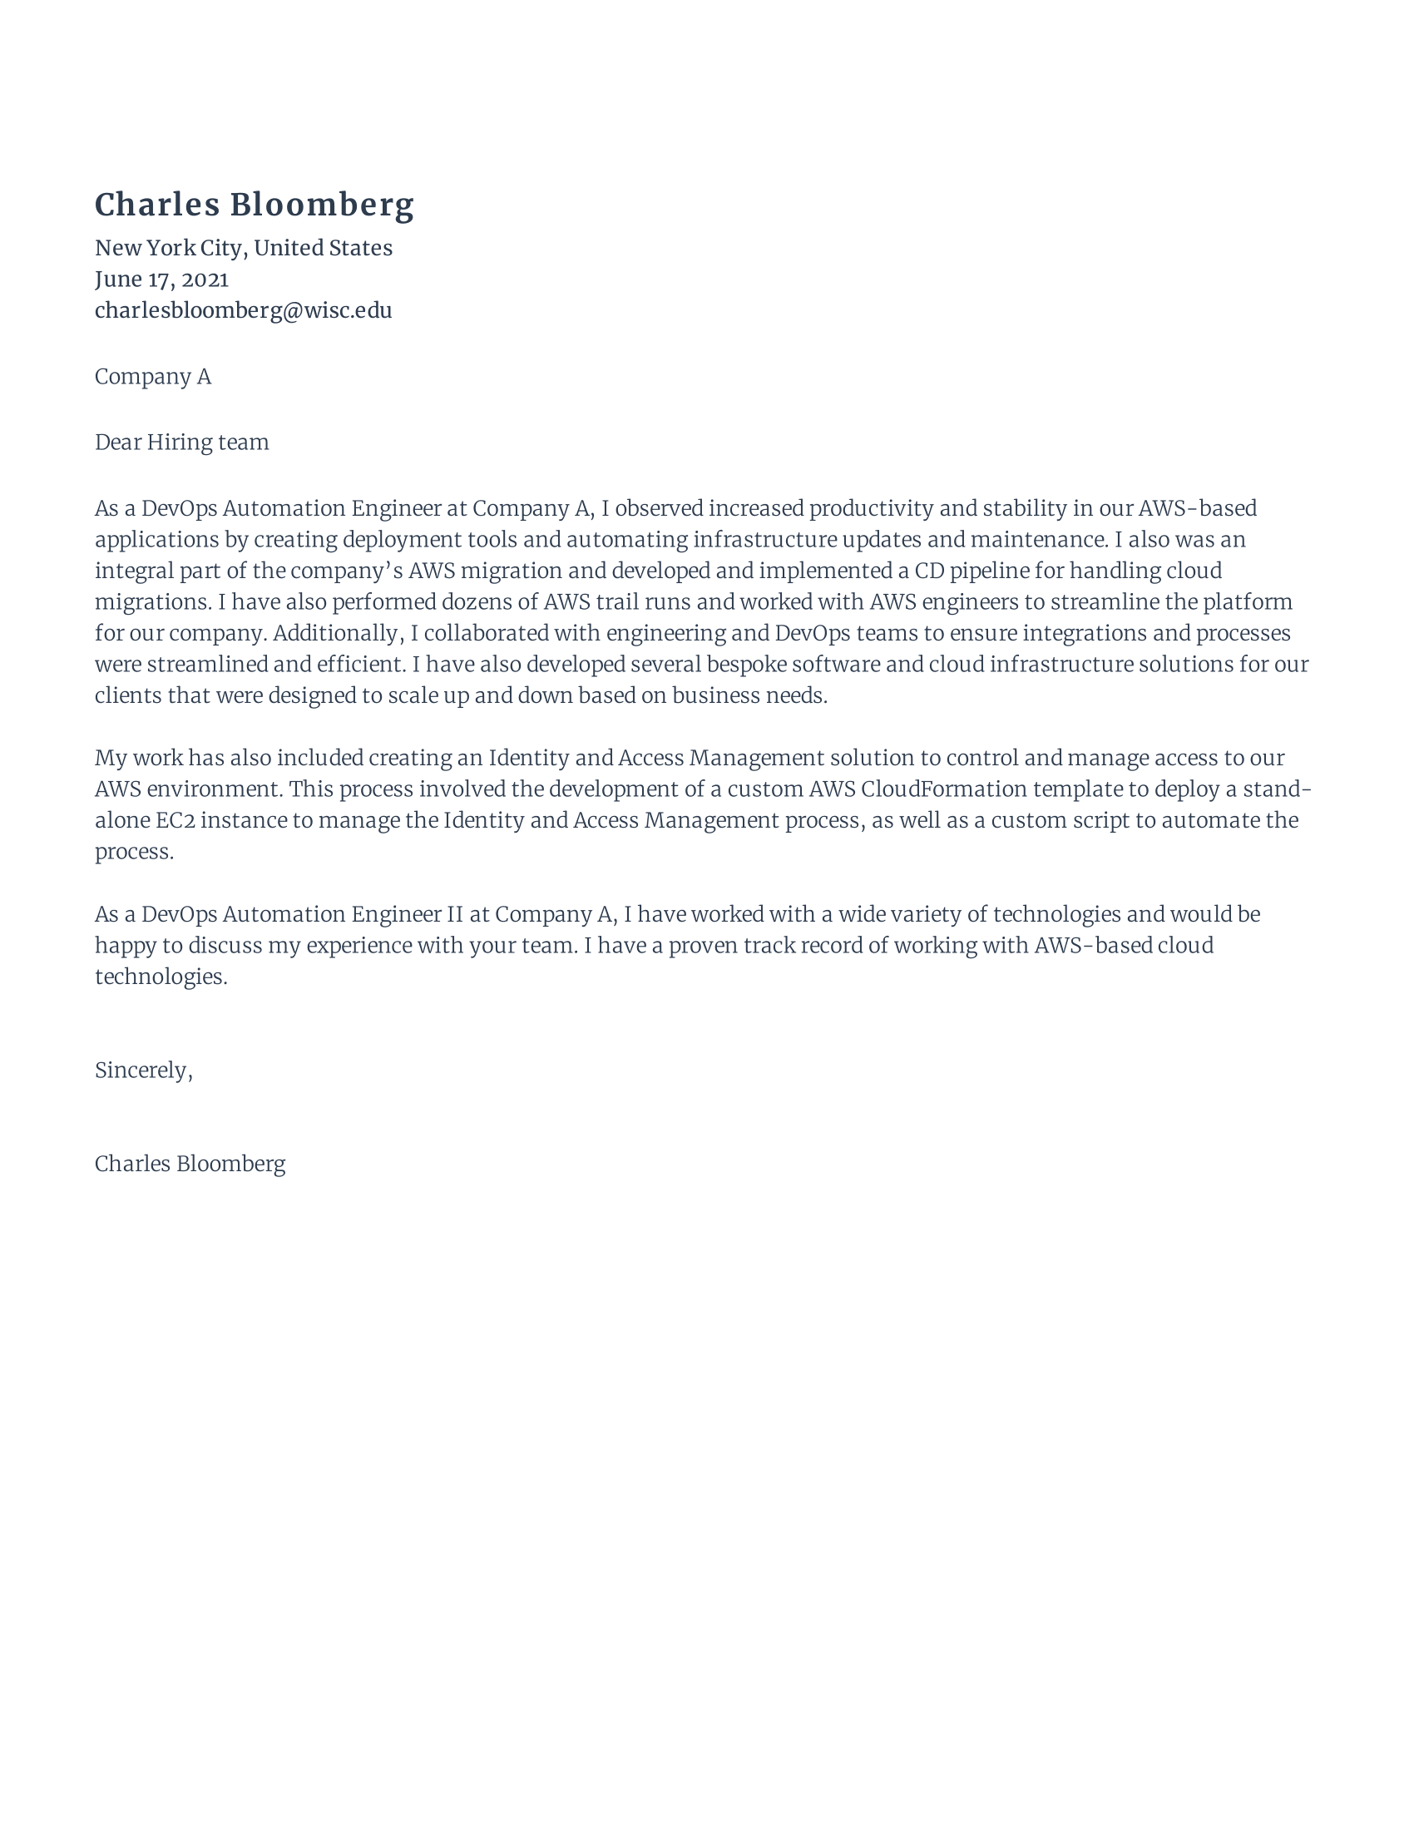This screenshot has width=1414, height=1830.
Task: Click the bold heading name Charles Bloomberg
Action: tap(254, 205)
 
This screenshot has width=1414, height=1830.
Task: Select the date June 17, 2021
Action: tap(161, 279)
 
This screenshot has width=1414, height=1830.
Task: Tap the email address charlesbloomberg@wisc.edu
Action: tap(243, 311)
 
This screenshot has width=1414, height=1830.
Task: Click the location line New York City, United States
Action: tap(243, 248)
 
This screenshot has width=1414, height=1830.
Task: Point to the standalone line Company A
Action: tap(152, 377)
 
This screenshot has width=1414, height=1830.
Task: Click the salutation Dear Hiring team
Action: tap(182, 443)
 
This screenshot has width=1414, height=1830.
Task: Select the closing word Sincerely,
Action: tap(143, 1071)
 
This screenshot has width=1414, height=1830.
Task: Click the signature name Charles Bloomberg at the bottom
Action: tap(190, 1164)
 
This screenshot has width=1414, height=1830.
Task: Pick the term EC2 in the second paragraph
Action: tap(175, 820)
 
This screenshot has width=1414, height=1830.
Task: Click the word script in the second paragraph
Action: tap(1100, 820)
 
